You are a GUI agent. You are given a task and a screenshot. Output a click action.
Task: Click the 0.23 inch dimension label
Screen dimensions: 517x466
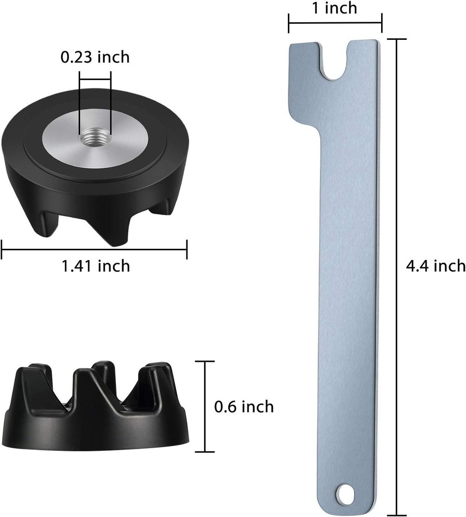pos(95,56)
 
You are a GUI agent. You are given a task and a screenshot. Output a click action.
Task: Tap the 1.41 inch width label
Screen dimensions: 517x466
pos(96,266)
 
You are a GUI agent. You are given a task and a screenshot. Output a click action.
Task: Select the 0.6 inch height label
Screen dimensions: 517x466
pos(244,406)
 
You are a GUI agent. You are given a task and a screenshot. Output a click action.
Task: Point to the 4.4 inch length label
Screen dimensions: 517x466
pos(436,266)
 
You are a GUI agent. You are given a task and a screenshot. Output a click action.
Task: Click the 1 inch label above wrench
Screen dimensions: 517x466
pos(335,8)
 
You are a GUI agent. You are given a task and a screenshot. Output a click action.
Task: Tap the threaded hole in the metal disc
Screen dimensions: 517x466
pos(95,139)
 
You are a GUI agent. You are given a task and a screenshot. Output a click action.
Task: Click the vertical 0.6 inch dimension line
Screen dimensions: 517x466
pos(206,406)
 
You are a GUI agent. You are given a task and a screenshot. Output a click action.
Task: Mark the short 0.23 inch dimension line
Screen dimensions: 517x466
pos(95,79)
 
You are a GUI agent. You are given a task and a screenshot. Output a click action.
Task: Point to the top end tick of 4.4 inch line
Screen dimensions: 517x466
pos(398,39)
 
